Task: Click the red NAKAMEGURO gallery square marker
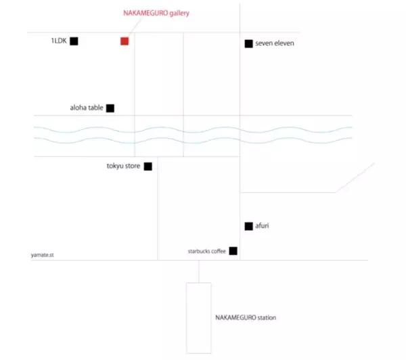[125, 41]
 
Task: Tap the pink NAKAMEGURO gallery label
[156, 14]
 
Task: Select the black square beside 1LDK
[74, 41]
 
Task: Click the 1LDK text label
[59, 41]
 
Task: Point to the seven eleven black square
[249, 44]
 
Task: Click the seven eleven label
[275, 43]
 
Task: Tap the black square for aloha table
[110, 108]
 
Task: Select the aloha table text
[87, 108]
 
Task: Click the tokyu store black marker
[148, 166]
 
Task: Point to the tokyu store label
[124, 166]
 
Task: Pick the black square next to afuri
[249, 227]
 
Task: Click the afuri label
[262, 226]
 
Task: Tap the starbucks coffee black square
[233, 251]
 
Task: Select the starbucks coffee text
[207, 251]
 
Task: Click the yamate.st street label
[43, 255]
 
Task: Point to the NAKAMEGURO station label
[246, 318]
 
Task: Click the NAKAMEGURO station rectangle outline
[187, 318]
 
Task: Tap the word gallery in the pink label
[179, 14]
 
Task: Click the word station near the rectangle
[267, 318]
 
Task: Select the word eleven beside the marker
[284, 43]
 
